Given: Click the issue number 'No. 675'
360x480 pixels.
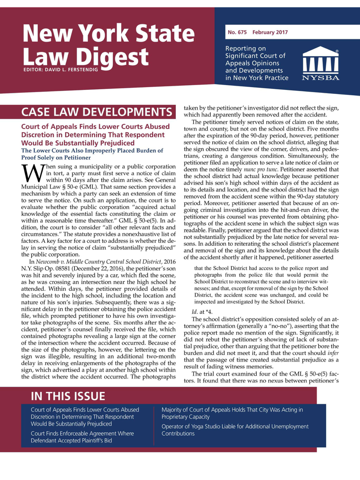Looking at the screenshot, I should click(x=237, y=32).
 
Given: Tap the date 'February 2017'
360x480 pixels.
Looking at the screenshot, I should click(x=270, y=32).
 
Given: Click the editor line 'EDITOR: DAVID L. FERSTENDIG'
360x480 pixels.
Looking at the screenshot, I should click(x=60, y=69).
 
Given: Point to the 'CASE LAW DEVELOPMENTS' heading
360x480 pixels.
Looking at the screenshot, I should click(x=97, y=112).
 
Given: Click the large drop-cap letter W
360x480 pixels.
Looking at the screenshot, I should click(x=33, y=173).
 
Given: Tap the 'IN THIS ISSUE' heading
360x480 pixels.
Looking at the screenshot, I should click(x=68, y=396).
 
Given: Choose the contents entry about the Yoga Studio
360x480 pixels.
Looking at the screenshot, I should click(x=235, y=430).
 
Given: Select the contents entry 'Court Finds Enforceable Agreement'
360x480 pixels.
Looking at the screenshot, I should click(x=82, y=437).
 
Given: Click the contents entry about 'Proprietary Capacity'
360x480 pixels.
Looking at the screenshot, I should click(x=232, y=413).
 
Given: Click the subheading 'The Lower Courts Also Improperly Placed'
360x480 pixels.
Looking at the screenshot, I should click(x=92, y=154).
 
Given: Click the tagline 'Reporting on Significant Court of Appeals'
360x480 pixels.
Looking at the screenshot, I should click(x=257, y=63).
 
